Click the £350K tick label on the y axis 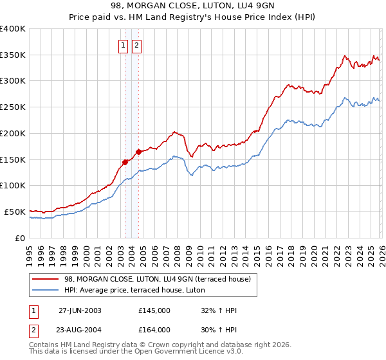tap(13, 55)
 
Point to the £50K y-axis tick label tap(15, 212)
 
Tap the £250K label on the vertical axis tap(13, 107)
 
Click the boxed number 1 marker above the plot tap(123, 45)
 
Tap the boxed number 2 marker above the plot tap(137, 45)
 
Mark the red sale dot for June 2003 tap(125, 162)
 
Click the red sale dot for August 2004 tap(138, 152)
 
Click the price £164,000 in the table tap(154, 330)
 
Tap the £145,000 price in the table tap(154, 310)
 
